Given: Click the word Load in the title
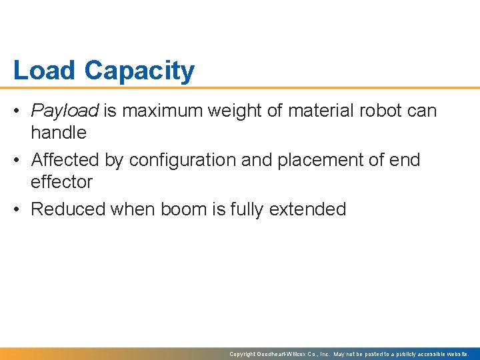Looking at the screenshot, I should coord(45,71).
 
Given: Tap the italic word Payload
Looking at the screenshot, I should coord(65,111).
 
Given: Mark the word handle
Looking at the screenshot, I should coord(59,133).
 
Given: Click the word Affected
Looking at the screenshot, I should coord(65,160).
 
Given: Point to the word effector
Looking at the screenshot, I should coord(62,182).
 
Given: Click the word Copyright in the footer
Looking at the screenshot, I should coord(243,354).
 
